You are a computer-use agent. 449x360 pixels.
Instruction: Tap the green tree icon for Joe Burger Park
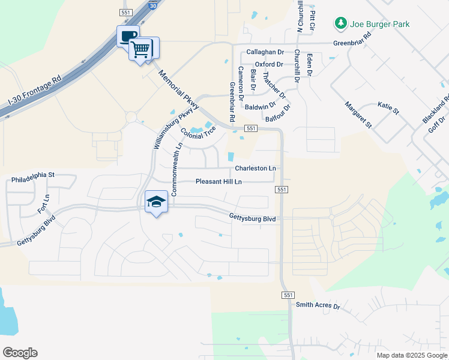[x=340, y=24]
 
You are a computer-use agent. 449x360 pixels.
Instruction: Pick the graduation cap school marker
[x=156, y=202]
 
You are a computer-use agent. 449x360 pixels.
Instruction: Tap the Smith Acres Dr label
[x=318, y=306]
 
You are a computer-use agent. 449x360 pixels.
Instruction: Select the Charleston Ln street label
[x=256, y=169]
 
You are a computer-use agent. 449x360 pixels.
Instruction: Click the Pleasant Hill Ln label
[x=218, y=182]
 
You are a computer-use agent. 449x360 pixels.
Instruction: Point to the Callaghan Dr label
[x=265, y=52]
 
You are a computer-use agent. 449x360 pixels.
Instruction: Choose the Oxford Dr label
[x=269, y=64]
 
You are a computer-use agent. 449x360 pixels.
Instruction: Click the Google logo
[x=20, y=353]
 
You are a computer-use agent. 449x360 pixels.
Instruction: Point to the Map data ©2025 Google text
[x=411, y=355]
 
